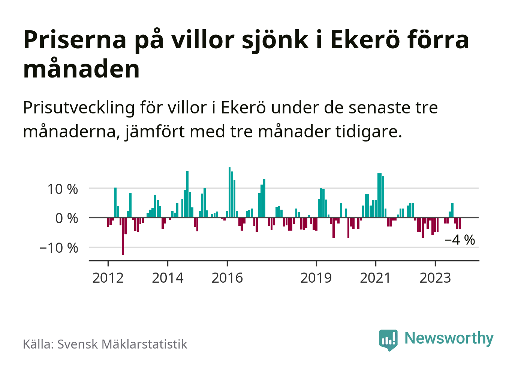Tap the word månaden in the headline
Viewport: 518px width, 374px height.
pos(81,69)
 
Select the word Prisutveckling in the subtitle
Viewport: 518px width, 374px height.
pos(79,108)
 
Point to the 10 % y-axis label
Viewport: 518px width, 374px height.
pos(63,189)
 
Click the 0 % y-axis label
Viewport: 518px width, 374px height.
pos(67,218)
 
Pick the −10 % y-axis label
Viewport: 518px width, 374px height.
pos(59,247)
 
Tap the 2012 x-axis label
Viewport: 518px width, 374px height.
pos(108,278)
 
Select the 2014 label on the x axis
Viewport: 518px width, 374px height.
pos(168,278)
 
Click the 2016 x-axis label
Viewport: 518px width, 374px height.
pos(227,278)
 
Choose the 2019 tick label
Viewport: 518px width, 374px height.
pos(316,278)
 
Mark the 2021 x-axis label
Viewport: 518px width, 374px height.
pos(375,278)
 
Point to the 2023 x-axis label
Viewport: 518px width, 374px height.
pos(435,278)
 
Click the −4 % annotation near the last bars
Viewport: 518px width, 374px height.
pos(460,240)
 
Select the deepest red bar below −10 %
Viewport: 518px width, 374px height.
pos(123,236)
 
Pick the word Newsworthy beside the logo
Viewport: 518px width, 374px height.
pos(449,338)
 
